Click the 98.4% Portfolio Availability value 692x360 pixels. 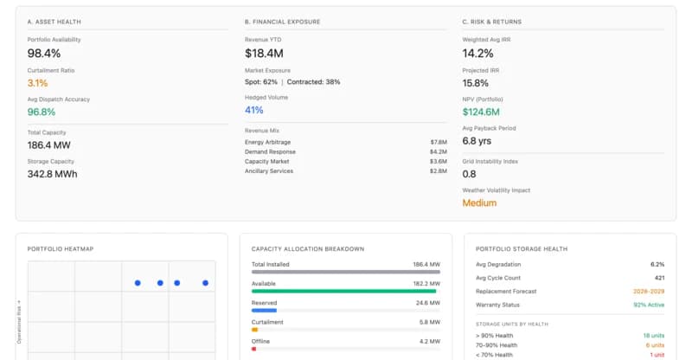[44, 54]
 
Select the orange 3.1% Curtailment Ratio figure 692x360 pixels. [38, 83]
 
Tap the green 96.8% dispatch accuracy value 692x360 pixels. [42, 112]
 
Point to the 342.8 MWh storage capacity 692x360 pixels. [52, 174]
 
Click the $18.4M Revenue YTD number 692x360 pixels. [265, 54]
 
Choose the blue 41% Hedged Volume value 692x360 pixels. [254, 110]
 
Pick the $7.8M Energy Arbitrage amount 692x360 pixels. [438, 141]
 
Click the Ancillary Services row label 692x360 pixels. [268, 170]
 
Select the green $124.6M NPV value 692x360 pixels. [481, 112]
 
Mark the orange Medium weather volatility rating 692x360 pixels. [479, 202]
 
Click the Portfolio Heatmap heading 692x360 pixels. [61, 249]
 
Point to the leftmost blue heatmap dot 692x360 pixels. [138, 283]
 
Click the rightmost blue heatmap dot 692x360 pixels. [205, 283]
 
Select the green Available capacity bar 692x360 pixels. [343, 291]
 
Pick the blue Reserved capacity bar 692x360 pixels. [264, 310]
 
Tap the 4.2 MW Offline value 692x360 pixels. [428, 341]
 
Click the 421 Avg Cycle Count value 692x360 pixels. [657, 278]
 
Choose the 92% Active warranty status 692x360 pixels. [648, 304]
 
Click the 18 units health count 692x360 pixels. [653, 335]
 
